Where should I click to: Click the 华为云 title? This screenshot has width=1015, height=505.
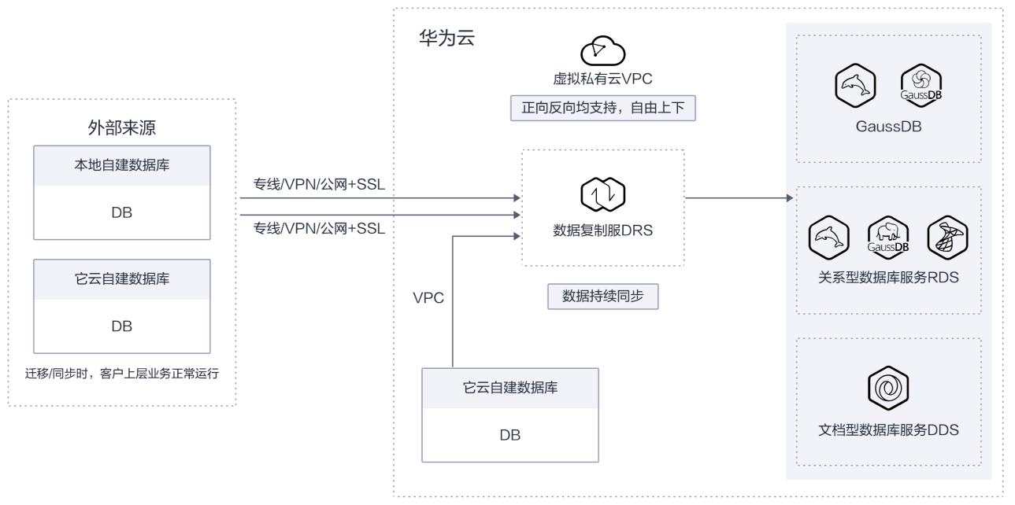[446, 38]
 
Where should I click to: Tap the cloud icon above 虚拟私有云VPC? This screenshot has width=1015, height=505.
[602, 50]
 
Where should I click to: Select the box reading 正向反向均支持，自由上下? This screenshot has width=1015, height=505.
[602, 108]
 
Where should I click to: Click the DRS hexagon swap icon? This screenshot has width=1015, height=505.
[602, 194]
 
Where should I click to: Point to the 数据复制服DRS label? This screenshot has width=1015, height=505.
[602, 230]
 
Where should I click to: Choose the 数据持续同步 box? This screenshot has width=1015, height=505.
[602, 297]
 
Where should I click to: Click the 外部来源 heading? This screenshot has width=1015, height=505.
[121, 128]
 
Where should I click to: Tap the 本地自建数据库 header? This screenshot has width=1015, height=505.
[122, 165]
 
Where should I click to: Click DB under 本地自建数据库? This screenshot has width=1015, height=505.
[122, 212]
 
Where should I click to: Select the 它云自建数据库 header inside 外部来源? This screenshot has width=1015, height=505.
[122, 278]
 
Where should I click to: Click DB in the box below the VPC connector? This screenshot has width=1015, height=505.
[510, 435]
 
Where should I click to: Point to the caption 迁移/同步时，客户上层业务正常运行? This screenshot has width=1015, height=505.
[122, 374]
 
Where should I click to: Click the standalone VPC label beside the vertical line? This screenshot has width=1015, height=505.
[428, 298]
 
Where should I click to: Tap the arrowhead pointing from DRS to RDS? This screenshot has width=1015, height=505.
[790, 197]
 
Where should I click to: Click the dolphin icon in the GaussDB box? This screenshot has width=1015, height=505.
[855, 86]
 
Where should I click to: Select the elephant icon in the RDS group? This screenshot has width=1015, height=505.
[888, 238]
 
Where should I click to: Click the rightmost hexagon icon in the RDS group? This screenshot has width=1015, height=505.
[947, 238]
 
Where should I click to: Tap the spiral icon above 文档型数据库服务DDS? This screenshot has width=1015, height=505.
[888, 389]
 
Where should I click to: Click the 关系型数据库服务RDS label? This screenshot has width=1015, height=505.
[888, 278]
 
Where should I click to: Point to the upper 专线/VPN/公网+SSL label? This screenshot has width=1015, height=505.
[319, 185]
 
